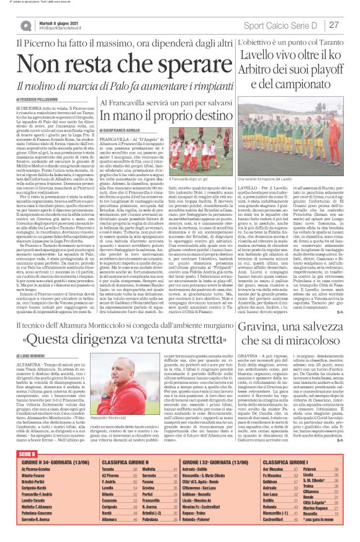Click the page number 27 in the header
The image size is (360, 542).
(333, 25)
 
